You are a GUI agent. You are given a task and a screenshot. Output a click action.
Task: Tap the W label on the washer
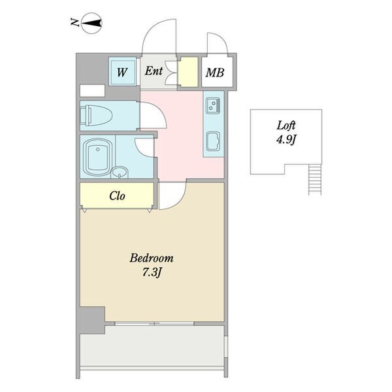pyautogui.click(x=122, y=73)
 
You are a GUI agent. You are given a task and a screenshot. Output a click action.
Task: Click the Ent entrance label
pyautogui.click(x=154, y=71)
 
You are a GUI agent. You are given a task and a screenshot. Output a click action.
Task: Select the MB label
pyautogui.click(x=215, y=73)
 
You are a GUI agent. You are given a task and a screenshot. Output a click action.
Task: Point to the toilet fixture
pyautogui.click(x=96, y=115)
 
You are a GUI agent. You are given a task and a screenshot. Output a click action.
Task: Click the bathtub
pyautogui.click(x=97, y=157)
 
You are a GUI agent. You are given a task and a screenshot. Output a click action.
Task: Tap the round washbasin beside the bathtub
pyautogui.click(x=120, y=172)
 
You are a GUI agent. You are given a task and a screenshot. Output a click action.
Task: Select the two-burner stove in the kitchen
pyautogui.click(x=213, y=105)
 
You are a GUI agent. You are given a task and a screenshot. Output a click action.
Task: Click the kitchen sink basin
pyautogui.click(x=213, y=141)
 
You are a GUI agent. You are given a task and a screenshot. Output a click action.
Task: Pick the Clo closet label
pyautogui.click(x=117, y=196)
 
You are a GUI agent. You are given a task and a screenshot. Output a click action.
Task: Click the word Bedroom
pyautogui.click(x=152, y=258)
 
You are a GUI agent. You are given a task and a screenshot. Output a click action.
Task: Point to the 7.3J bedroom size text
pyautogui.click(x=152, y=272)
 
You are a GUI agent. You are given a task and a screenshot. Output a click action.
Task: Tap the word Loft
pyautogui.click(x=286, y=125)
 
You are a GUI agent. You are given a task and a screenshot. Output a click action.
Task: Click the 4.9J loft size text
pyautogui.click(x=286, y=139)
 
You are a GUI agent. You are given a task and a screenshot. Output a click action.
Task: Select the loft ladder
pyautogui.click(x=315, y=179)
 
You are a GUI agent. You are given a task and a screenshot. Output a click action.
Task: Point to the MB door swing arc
pyautogui.click(x=223, y=37)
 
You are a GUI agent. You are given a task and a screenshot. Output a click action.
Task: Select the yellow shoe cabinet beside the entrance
pyautogui.click(x=188, y=72)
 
